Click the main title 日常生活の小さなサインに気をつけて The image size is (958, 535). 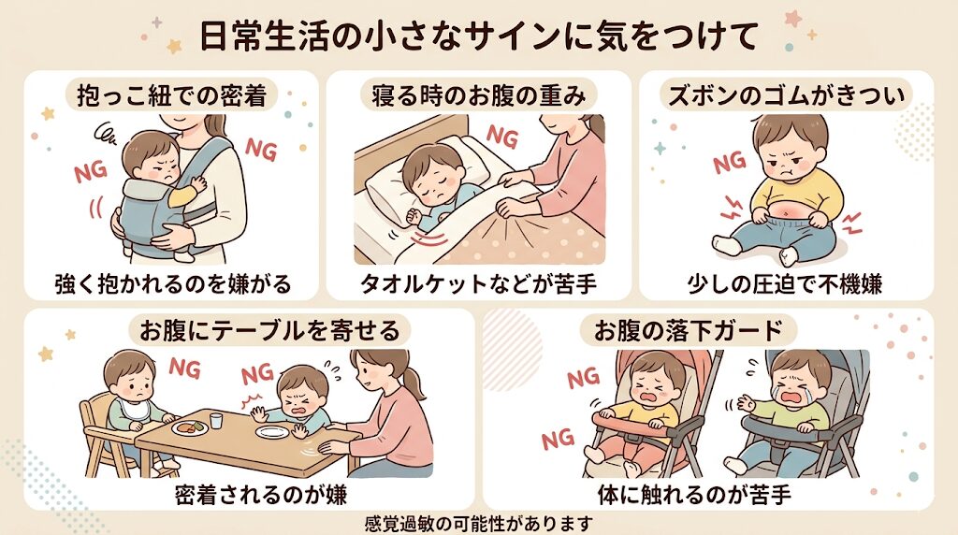(478, 36)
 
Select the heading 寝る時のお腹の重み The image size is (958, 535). (478, 94)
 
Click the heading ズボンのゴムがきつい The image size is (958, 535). (786, 94)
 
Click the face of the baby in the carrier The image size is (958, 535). (151, 161)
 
